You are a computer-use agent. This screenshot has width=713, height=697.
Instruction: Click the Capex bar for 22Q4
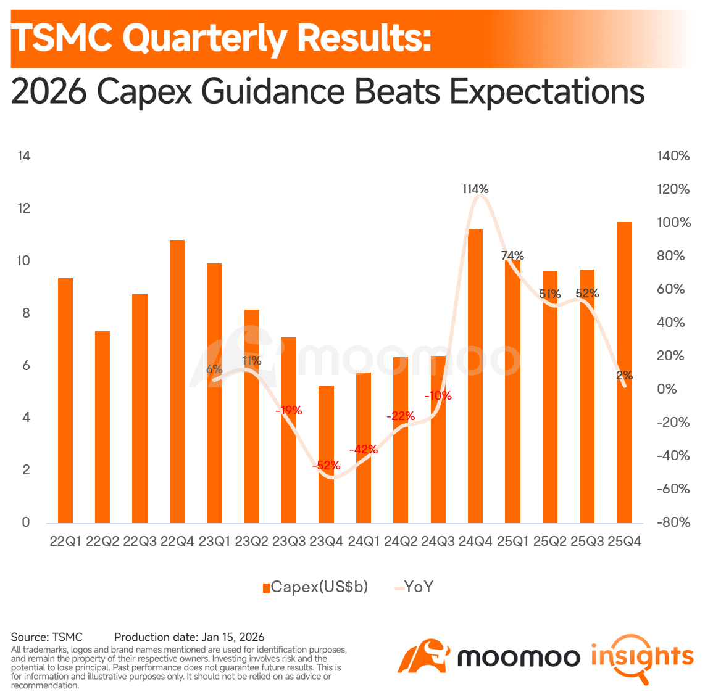coord(177,381)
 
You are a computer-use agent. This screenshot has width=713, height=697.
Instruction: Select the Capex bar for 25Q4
coord(624,373)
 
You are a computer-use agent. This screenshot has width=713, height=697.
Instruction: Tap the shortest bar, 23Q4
coord(326,455)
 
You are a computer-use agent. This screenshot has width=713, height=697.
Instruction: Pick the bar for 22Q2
coord(102,427)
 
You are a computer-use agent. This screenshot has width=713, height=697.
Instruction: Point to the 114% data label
coord(475,189)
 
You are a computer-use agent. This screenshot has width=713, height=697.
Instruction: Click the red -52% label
coord(326,465)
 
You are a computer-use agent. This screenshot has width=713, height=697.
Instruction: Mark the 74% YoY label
coord(512,256)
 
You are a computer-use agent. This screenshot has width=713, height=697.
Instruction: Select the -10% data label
coord(438,396)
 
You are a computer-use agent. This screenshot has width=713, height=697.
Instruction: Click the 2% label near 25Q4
coord(624,375)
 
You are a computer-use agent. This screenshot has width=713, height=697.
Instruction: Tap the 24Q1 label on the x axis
coord(364,542)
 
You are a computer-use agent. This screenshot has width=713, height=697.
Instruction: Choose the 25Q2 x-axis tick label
coord(550,542)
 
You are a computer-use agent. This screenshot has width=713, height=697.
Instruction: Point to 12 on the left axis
coord(23,208)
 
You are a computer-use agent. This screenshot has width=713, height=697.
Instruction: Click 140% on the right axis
coord(673,156)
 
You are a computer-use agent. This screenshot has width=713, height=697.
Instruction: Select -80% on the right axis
coord(673,522)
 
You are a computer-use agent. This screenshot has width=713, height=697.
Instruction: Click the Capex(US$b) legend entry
coord(315,587)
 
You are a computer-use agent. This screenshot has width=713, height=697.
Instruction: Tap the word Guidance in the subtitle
coord(273,92)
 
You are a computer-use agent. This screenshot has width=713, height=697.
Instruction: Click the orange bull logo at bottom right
coord(423,656)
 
